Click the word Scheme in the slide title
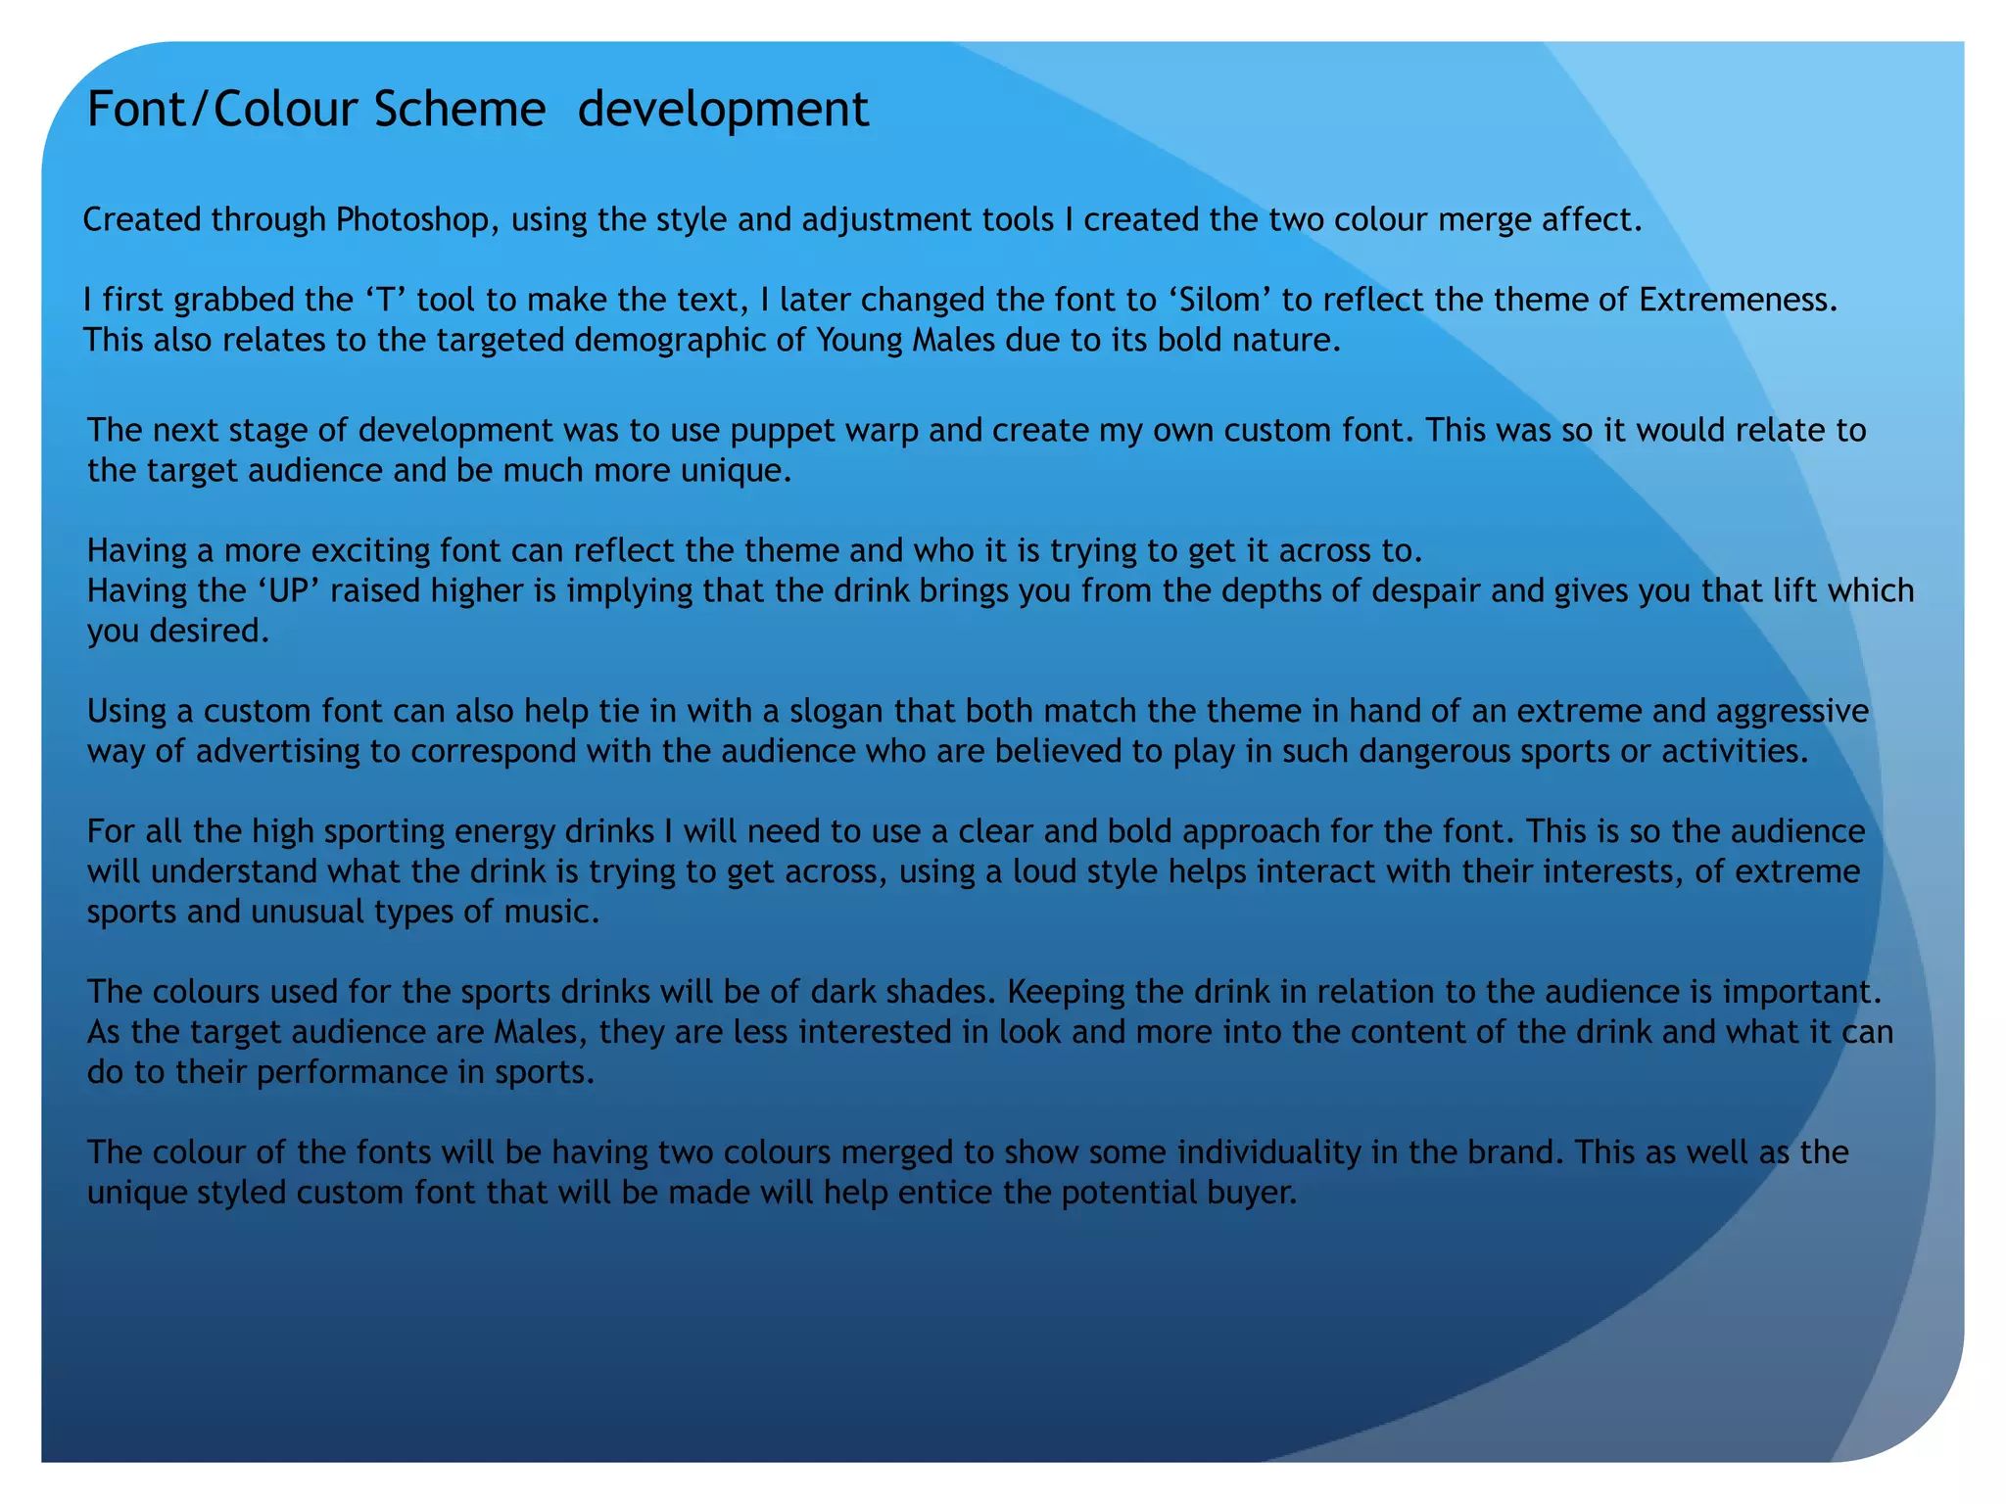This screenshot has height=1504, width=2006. pos(459,109)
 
